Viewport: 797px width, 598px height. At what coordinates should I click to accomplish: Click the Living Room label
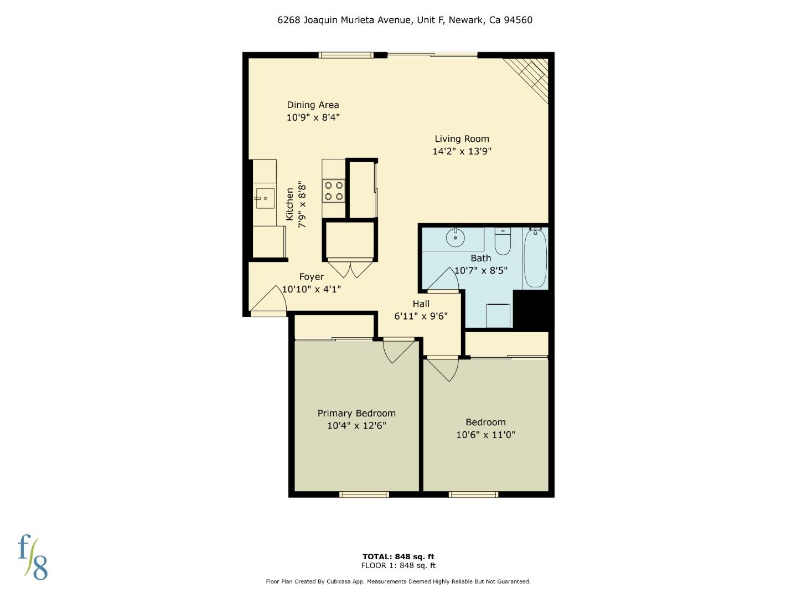[x=462, y=139]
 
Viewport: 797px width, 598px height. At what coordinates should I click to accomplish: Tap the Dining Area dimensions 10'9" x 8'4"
[x=313, y=117]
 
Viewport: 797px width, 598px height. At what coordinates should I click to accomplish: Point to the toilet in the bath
[x=503, y=241]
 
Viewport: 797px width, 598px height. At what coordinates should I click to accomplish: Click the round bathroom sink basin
[x=456, y=238]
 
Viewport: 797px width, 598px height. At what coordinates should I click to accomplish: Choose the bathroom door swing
[x=444, y=280]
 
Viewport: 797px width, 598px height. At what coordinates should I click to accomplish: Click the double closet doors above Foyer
[x=350, y=268]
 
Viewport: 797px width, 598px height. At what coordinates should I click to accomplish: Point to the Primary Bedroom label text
[x=356, y=413]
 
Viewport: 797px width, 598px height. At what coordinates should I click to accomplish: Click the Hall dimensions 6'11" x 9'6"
[x=421, y=316]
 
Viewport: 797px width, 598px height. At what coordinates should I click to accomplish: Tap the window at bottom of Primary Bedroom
[x=364, y=494]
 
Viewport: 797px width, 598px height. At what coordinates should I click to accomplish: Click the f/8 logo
[x=33, y=557]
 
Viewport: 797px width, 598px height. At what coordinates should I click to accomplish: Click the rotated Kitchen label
[x=290, y=204]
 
